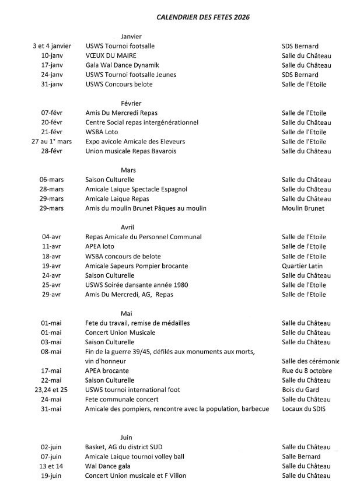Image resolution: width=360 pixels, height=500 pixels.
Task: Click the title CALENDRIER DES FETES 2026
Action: pos(203,18)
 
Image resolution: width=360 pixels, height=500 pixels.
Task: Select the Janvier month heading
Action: pos(131,37)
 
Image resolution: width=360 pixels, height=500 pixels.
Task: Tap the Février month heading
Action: pos(131,103)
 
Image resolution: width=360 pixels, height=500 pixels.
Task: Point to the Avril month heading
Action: pos(128,227)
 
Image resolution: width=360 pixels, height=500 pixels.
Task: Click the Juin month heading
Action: pos(126,437)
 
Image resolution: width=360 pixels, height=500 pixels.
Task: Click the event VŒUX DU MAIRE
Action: pos(111,55)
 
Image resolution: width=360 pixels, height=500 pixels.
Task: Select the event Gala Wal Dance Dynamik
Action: pos(122,65)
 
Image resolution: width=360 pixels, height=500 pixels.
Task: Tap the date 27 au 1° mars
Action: pos(52,142)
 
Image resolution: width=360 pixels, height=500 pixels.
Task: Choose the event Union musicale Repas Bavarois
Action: pos(131,151)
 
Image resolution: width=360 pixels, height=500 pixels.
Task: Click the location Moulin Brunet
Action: pos(303,208)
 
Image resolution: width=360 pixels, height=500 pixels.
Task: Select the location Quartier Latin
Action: pos(302,266)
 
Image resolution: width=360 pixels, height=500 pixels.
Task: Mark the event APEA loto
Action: pos(100,247)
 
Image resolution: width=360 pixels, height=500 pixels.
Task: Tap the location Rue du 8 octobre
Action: pos(307,370)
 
